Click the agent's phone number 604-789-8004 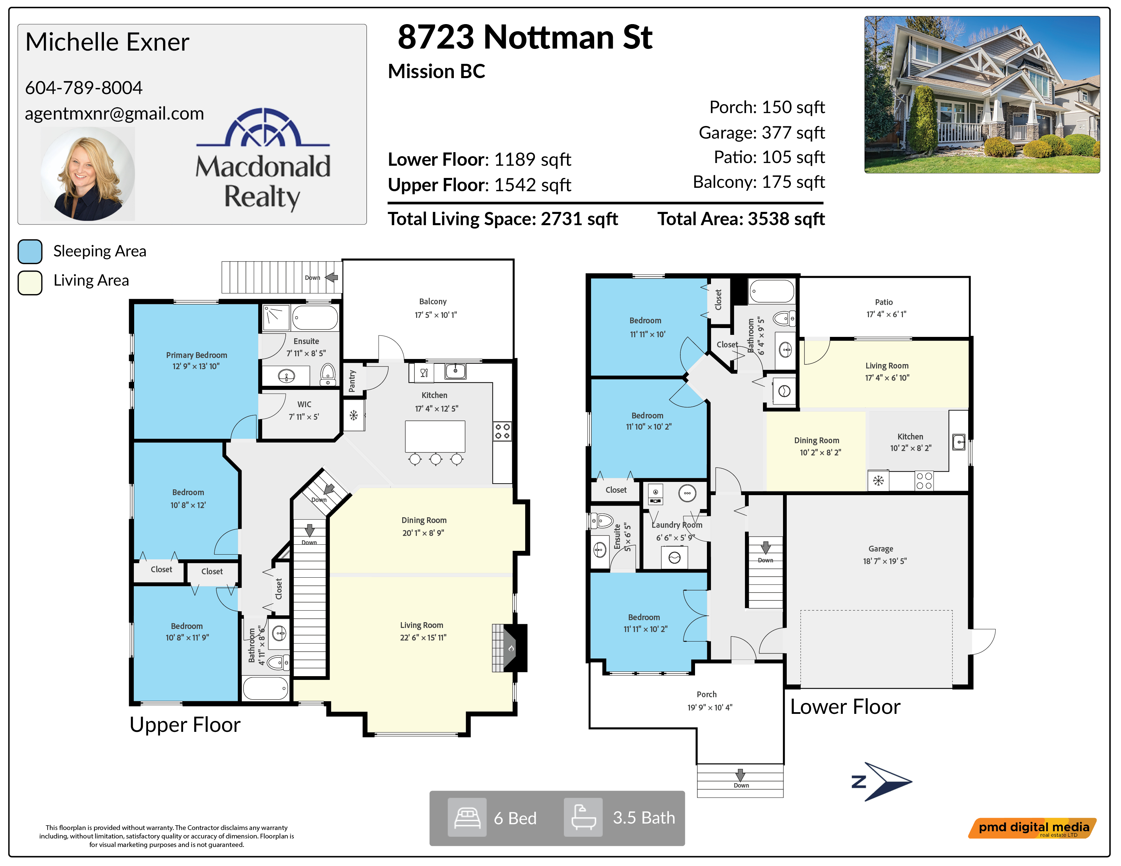click(x=84, y=88)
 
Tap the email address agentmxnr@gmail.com click(x=114, y=113)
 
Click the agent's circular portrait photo click(x=88, y=174)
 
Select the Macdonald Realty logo click(x=263, y=160)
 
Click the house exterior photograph click(x=982, y=94)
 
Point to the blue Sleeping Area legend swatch click(x=30, y=251)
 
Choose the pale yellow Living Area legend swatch click(x=30, y=283)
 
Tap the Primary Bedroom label click(x=197, y=355)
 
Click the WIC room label click(x=304, y=404)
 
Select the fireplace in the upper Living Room click(x=510, y=648)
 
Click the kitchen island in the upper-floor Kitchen click(x=435, y=436)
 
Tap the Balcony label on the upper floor click(x=433, y=302)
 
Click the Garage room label click(x=881, y=549)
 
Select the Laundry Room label click(x=677, y=525)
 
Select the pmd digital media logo click(x=1032, y=828)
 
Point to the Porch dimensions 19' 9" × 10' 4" click(x=710, y=707)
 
